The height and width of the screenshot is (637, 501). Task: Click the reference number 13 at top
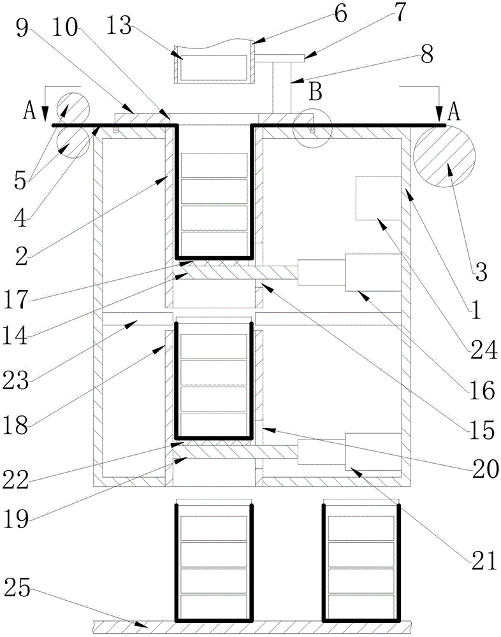(x=119, y=27)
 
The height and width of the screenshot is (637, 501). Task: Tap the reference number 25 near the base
(x=17, y=587)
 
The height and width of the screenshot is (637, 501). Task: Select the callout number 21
(x=484, y=561)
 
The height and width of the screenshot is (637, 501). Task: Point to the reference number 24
(x=484, y=349)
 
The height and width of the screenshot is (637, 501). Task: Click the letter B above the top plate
(x=316, y=92)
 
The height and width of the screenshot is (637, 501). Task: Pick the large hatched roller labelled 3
(x=444, y=156)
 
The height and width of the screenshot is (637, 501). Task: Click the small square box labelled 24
(x=379, y=198)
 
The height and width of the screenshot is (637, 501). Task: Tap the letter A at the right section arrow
(x=454, y=113)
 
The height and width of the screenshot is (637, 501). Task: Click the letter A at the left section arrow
(x=29, y=111)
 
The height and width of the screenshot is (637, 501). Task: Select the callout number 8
(x=426, y=54)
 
